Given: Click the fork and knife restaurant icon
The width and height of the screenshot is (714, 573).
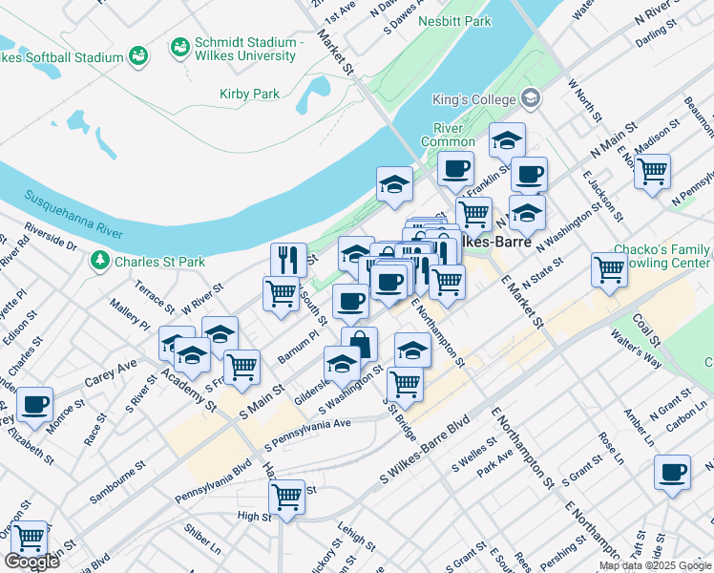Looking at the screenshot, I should click(288, 260).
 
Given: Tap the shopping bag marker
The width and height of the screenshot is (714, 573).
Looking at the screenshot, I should click(360, 344).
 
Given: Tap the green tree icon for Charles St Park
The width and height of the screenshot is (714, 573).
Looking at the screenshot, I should click(100, 261).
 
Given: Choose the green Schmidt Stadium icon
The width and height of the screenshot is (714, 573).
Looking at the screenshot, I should click(178, 46).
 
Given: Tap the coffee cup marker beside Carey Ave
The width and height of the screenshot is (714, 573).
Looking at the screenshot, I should click(35, 404).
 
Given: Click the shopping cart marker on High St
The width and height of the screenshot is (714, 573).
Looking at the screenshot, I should click(287, 497).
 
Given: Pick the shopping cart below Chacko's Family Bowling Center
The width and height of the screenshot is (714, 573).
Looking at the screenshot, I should click(609, 269).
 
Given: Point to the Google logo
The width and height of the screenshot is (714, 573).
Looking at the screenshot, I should click(31, 562).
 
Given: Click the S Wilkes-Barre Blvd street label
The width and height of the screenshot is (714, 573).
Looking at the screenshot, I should click(426, 447).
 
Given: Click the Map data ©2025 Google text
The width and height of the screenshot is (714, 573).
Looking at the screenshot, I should click(655, 565).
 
